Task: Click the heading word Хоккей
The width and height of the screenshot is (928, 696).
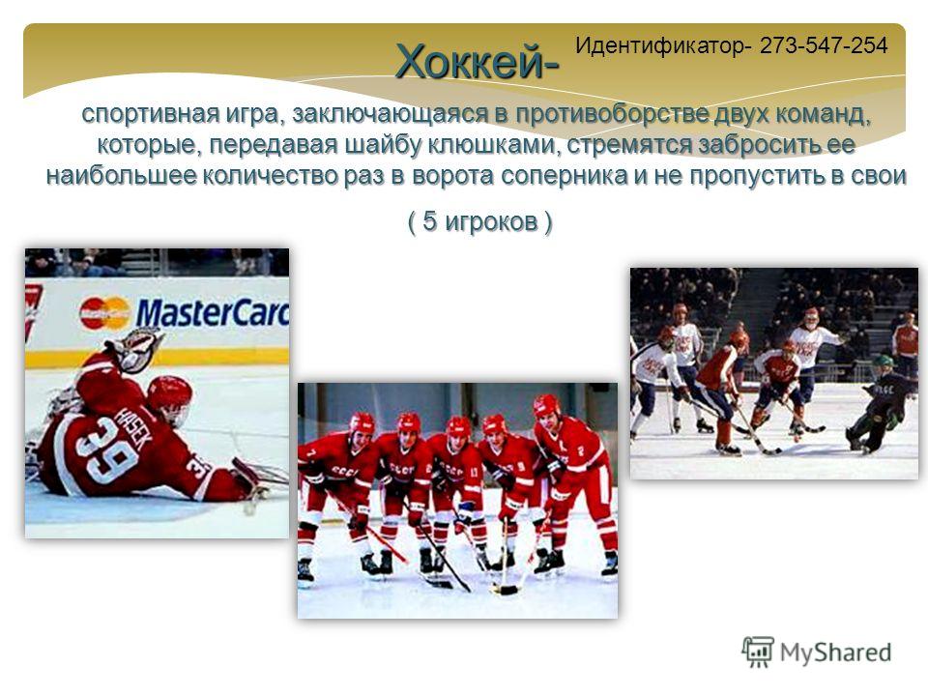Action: click(470, 61)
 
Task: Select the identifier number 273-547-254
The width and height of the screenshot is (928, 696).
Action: click(824, 45)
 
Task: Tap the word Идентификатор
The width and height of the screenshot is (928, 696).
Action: click(660, 45)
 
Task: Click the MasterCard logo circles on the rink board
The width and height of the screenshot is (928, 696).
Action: click(104, 313)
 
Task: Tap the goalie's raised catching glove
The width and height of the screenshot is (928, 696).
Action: click(135, 349)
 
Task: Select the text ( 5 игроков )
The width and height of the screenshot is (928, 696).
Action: click(480, 222)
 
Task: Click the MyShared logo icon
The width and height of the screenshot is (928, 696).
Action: click(758, 652)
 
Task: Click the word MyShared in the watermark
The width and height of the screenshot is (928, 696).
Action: click(835, 652)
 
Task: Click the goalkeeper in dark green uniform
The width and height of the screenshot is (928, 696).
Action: click(880, 403)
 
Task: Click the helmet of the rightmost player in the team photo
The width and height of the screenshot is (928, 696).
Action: click(547, 407)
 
